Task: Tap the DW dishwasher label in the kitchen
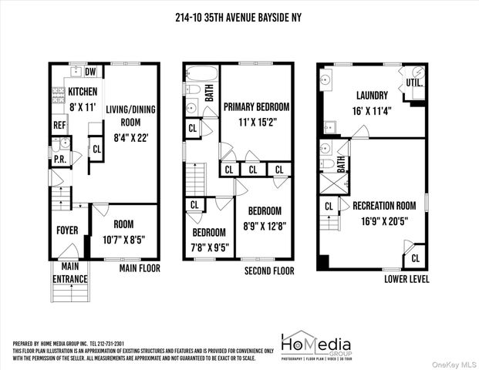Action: [90, 72]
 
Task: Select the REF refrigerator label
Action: [59, 126]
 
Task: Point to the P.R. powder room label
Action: [57, 160]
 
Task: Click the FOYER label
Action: [67, 230]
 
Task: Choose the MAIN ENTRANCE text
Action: [70, 274]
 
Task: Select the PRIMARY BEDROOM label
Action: [256, 107]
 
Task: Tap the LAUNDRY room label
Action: [373, 96]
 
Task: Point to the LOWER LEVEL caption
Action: [406, 278]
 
